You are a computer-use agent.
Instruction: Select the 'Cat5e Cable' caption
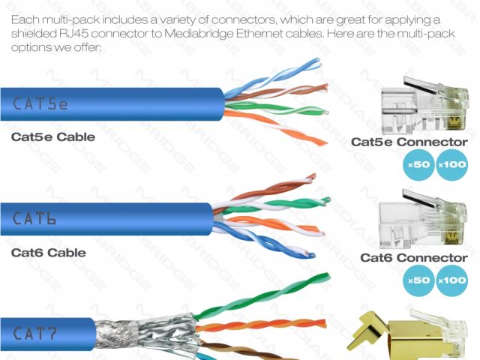tap(53, 137)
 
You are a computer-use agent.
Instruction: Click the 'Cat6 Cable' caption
tap(48, 253)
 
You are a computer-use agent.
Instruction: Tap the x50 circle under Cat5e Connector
tap(417, 165)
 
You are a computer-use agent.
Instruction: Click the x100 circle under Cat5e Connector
tap(451, 165)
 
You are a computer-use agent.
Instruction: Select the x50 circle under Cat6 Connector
tap(417, 280)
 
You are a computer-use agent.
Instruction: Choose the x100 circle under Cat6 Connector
tap(451, 280)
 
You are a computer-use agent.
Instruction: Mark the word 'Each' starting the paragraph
tap(25, 18)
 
